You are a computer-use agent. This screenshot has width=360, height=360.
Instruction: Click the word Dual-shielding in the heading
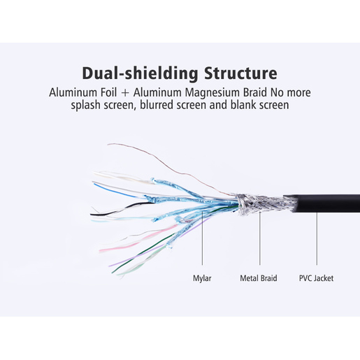pos(140,73)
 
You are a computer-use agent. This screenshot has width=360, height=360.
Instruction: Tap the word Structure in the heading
pos(240,73)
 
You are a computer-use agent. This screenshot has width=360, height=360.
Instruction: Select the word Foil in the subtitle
pos(108,92)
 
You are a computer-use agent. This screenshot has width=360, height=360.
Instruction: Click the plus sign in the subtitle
pos(125,93)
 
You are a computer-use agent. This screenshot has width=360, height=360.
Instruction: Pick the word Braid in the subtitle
pos(255,92)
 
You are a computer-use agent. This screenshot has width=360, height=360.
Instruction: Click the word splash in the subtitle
pos(85,106)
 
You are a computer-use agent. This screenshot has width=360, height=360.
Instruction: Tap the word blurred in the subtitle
pos(157,105)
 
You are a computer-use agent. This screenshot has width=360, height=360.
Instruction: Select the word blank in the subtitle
pos(243,105)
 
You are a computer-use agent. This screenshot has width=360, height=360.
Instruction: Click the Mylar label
pos(202,278)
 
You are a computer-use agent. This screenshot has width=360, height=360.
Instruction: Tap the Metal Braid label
pos(259,278)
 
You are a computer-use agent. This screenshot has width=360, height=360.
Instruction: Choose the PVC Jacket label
pos(316,278)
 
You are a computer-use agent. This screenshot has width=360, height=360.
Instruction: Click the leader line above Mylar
pos(202,238)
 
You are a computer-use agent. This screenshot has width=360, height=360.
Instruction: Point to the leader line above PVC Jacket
pos(317,238)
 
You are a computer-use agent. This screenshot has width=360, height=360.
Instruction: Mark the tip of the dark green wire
pos(112,273)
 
